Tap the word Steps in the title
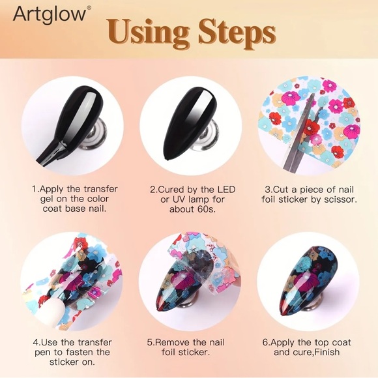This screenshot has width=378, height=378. click(x=236, y=31)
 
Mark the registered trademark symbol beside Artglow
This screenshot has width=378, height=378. click(x=89, y=8)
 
